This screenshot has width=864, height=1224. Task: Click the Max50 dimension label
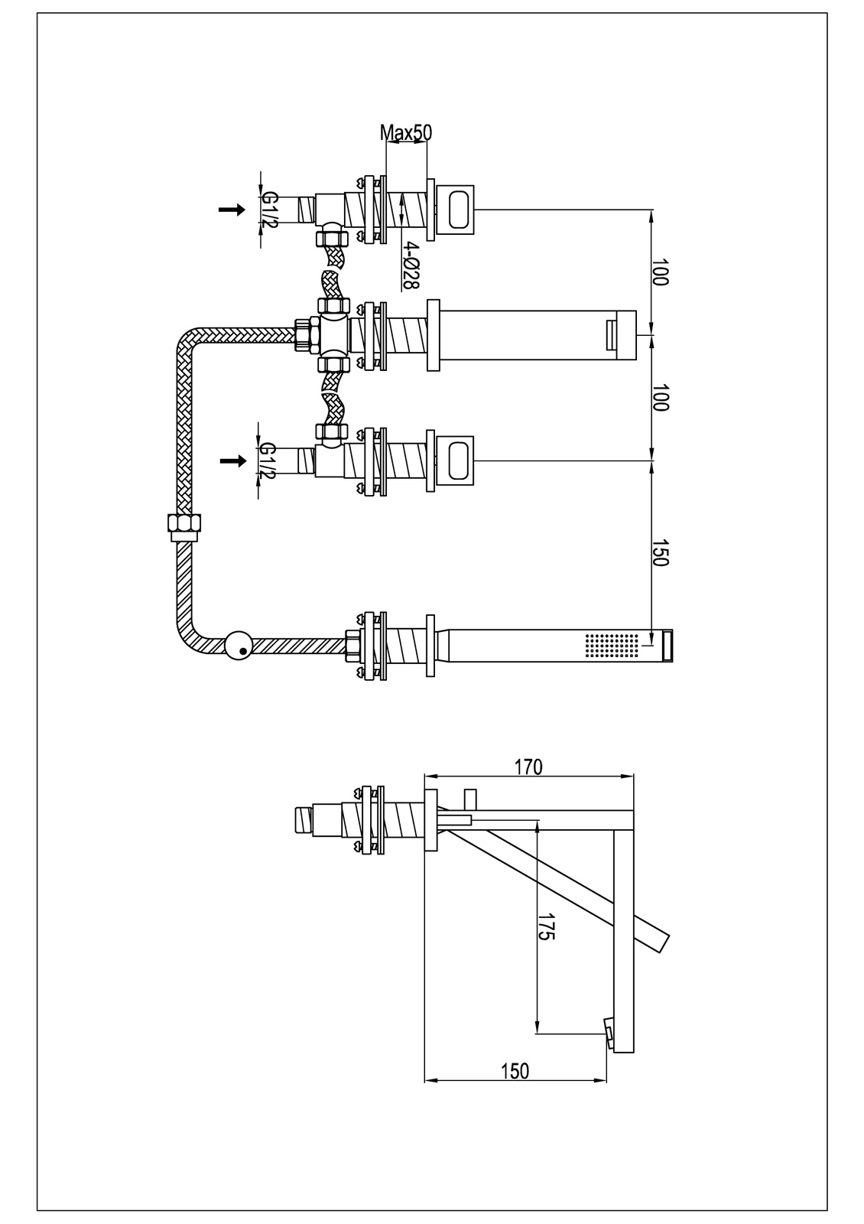pos(406,132)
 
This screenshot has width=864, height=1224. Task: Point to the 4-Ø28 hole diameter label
pos(411,265)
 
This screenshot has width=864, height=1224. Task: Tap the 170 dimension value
pos(528,767)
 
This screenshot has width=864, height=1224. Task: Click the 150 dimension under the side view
pos(515,1071)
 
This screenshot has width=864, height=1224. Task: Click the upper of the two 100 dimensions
pos(661,272)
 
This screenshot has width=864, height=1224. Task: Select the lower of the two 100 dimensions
pos(661,398)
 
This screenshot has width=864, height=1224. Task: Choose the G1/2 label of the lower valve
pos(268,461)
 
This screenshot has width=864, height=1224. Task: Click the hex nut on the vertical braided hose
pos(184,526)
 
